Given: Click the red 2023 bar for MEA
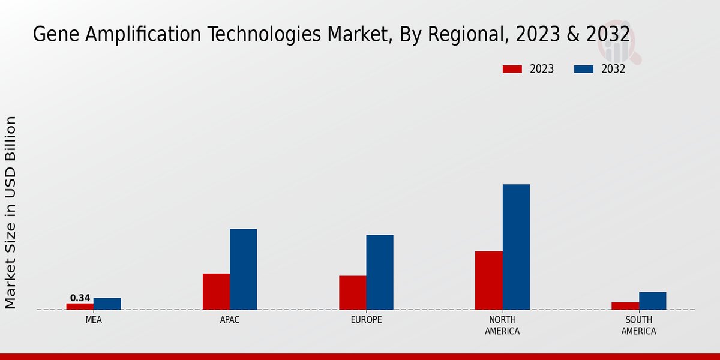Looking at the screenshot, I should (x=80, y=307).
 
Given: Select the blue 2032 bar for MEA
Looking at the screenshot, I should (x=107, y=304).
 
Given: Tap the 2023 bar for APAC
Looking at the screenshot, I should (x=216, y=292).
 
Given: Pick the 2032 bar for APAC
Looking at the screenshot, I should (x=243, y=269).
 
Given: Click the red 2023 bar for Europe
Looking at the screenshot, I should (x=352, y=293).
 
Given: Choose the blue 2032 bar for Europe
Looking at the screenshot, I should (x=380, y=272).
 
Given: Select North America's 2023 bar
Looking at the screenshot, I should (x=488, y=280).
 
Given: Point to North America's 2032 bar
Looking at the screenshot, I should (x=516, y=247).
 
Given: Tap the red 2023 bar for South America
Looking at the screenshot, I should (x=625, y=306).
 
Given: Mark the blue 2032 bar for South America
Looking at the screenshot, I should (x=652, y=301).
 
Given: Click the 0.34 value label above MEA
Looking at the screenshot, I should (x=80, y=298).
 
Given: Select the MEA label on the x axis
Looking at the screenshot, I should (x=94, y=320).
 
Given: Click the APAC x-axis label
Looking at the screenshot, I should (x=230, y=320).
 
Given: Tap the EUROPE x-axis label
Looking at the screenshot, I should (x=366, y=320).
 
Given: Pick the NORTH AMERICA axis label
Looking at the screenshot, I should (x=502, y=326).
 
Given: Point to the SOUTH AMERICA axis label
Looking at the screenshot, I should (x=638, y=326).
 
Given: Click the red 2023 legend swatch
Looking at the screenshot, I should (x=512, y=69).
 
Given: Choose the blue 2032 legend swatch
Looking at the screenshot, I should (x=583, y=69).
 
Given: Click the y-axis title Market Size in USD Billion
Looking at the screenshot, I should (x=11, y=213).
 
